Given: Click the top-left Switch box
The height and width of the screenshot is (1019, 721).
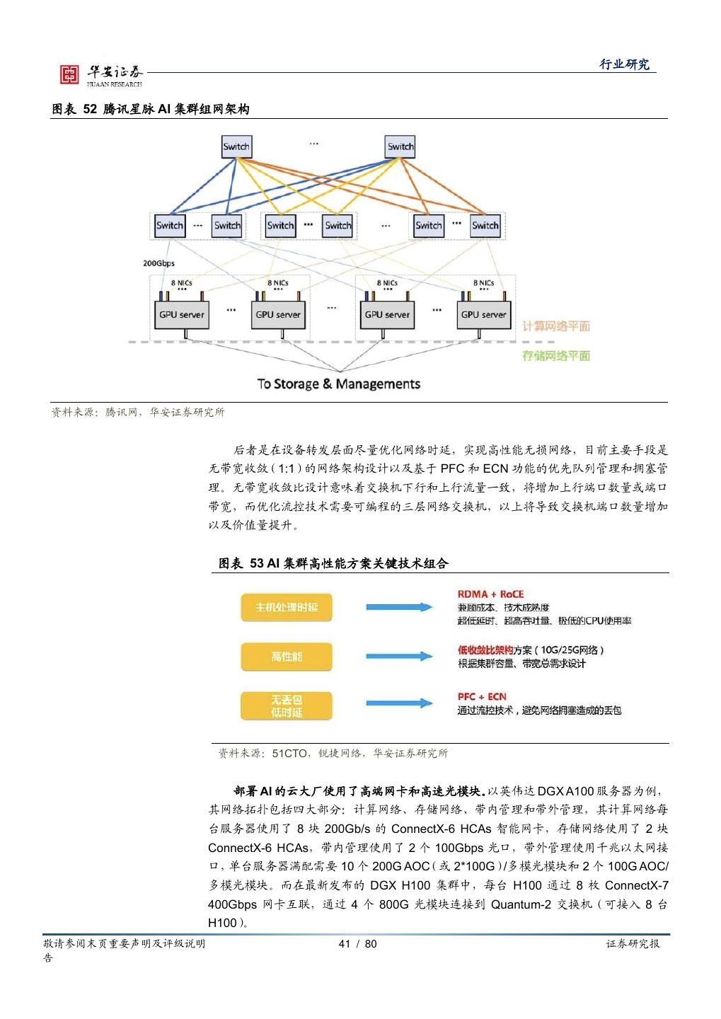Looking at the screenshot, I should click(x=236, y=146).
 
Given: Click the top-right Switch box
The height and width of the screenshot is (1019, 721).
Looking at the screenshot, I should click(x=400, y=146).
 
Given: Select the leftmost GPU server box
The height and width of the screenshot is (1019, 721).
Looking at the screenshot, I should click(x=182, y=314).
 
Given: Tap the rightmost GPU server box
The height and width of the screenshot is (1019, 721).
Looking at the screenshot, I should click(x=484, y=314).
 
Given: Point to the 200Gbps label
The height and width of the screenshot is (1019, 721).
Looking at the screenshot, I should click(x=158, y=263).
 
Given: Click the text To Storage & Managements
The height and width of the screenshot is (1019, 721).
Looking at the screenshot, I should click(x=338, y=384).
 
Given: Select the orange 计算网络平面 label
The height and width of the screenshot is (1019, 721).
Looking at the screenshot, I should click(x=555, y=326).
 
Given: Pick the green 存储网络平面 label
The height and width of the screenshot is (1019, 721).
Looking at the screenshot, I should click(x=555, y=355).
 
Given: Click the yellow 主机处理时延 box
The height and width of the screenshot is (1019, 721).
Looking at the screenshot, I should click(x=287, y=607).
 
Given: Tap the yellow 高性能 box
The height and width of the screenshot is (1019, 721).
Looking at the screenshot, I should click(x=287, y=657).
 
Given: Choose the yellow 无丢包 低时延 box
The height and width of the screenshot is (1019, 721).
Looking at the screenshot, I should click(x=287, y=706).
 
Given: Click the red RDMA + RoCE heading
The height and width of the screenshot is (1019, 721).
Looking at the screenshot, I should click(x=490, y=594).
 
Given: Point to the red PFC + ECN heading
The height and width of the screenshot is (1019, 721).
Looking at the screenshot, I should click(x=482, y=697).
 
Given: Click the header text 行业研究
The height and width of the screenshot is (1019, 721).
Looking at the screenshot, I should click(x=624, y=64).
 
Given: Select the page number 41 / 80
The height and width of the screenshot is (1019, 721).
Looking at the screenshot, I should click(x=358, y=944).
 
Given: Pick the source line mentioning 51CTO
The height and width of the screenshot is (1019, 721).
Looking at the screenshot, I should click(x=333, y=754).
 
